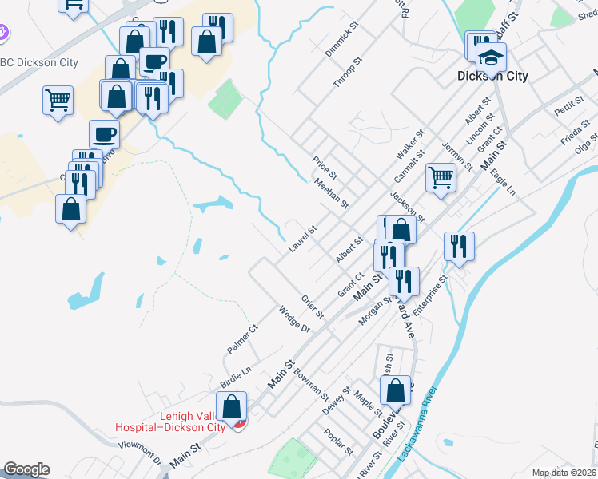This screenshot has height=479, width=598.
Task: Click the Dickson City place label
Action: pyautogui.click(x=492, y=77)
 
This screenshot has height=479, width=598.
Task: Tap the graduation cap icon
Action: pyautogui.click(x=491, y=57)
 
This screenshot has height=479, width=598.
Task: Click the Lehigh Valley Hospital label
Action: pyautogui.click(x=170, y=421)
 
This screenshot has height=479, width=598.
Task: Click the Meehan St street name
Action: pyautogui.click(x=331, y=193)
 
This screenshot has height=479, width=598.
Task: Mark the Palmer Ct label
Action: pyautogui.click(x=242, y=338)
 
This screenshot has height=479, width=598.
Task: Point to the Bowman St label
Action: pyautogui.click(x=311, y=384)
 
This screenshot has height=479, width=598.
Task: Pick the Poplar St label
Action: pyautogui.click(x=339, y=441)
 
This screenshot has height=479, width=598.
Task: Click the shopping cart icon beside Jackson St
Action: pyautogui.click(x=441, y=177)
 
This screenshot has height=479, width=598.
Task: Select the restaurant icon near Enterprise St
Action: pyautogui.click(x=458, y=246)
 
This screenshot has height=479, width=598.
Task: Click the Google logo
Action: pyautogui.click(x=26, y=469)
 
